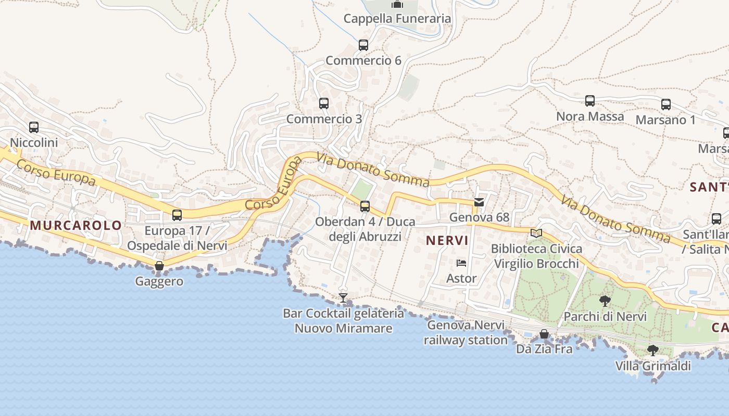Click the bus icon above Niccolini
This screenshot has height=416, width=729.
pos(34,127)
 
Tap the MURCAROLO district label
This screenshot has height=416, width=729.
pos(76,225)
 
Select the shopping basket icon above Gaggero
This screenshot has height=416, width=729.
pos(159,266)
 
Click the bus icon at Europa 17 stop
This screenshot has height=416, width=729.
pos(177,215)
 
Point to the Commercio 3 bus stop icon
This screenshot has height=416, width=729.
pos(324,103)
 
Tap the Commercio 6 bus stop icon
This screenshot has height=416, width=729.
pos(363,45)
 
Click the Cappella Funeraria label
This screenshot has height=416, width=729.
pos(397,19)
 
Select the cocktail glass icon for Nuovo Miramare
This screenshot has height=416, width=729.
pos(343,298)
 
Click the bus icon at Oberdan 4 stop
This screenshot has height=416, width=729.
pos(365,206)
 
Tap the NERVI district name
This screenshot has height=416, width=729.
pos(447,241)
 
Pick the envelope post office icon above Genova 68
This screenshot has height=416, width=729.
pos(479,202)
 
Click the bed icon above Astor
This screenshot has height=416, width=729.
pos(461,263)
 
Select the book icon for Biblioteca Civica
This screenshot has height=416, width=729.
pos(536,233)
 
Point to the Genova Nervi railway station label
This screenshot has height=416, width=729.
pos(466,333)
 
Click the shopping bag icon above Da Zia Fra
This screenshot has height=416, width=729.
pos(544,334)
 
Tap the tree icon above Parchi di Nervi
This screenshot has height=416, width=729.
pos(605,301)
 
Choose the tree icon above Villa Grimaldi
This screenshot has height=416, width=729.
pos(652,350)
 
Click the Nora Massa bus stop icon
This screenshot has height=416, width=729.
pos(590,101)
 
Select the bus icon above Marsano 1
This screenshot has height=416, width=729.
pos(666,105)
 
